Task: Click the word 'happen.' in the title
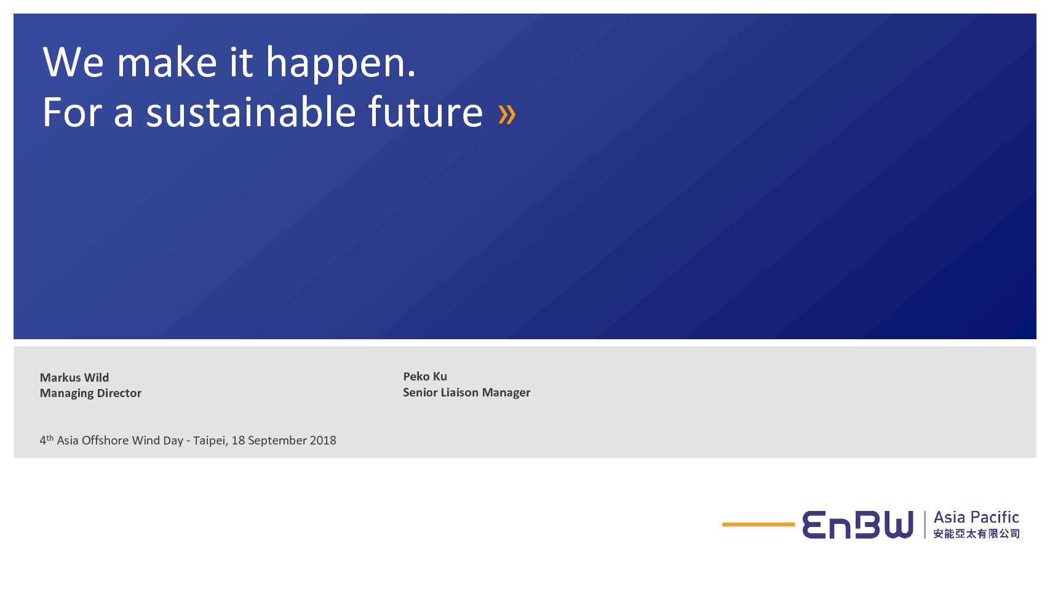point(341,64)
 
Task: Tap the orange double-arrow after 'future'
point(507,114)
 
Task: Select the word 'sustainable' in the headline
point(251,112)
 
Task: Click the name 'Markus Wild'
point(74,377)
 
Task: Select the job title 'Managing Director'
point(90,393)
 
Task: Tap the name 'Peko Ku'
point(425,377)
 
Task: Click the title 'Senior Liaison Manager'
point(466,393)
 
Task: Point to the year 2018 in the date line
point(323,440)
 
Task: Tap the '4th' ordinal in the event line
point(46,440)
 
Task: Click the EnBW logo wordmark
point(857,525)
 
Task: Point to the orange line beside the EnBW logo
point(758,525)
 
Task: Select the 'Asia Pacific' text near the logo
point(976,517)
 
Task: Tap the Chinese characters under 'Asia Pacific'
point(976,534)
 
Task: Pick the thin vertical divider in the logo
point(925,525)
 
